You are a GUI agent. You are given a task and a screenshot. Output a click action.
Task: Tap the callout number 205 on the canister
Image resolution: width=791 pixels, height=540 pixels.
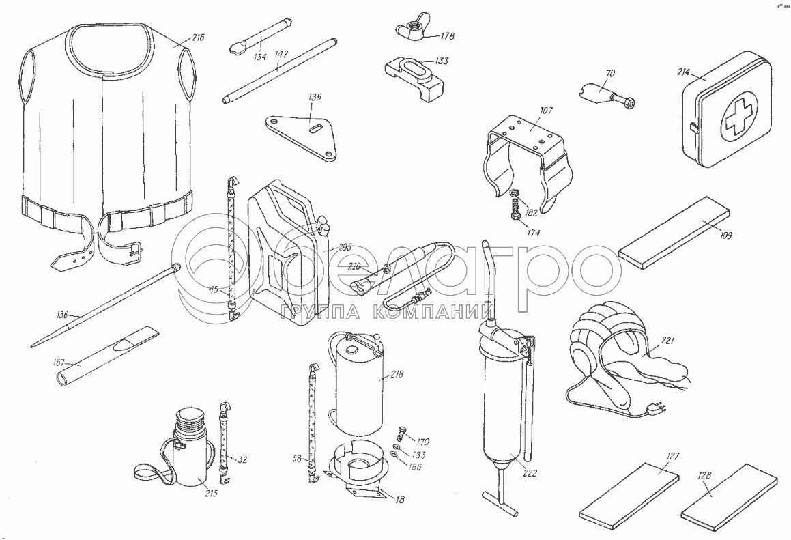pyautogui.click(x=344, y=248)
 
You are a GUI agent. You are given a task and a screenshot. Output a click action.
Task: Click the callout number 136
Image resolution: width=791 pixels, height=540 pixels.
pyautogui.click(x=63, y=316)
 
